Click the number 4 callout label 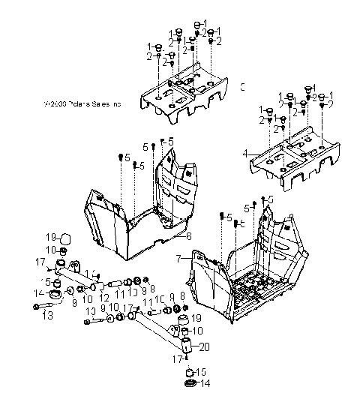244,153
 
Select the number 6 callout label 189,236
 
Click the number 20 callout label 205,346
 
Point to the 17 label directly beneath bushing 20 178,359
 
